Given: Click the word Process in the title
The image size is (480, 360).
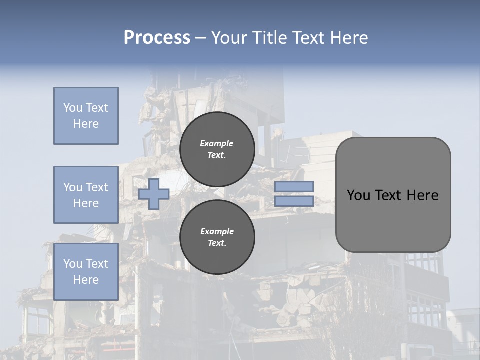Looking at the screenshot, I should pos(157,38).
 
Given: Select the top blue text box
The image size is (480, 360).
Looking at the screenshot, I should pos(86,116).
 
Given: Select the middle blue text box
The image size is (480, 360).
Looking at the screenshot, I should pos(86,195).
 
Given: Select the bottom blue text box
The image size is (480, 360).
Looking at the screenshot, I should pos(86,271).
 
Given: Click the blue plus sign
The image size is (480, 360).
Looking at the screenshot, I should pos(153,194).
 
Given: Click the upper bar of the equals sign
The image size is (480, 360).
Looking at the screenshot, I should pos(294,186).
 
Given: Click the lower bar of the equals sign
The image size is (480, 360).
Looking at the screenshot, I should pos(294,201).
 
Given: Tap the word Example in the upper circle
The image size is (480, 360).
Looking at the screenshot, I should pos(217,143).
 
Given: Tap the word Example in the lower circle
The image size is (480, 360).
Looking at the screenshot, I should pos(217,231).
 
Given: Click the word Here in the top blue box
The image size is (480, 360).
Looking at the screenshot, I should pos(86,124).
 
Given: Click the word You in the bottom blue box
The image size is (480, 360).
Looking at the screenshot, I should pos(72,263).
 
